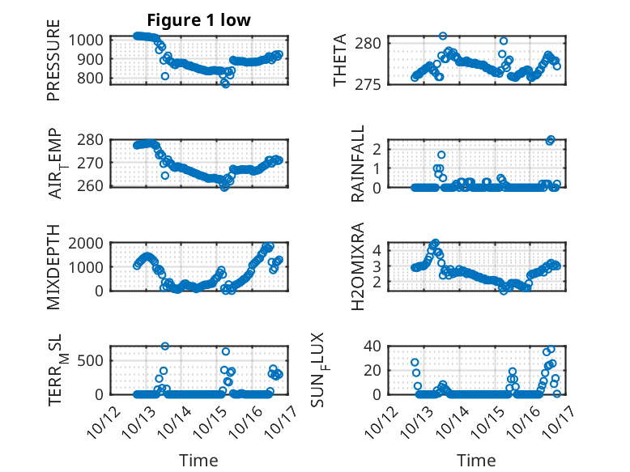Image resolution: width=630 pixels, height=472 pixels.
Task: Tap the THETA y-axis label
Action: click(340, 60)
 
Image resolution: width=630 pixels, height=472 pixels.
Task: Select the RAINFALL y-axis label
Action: click(357, 164)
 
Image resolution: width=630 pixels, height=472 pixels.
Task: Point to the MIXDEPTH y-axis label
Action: click(53, 266)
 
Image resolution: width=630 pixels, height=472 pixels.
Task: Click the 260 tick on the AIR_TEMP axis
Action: click(92, 186)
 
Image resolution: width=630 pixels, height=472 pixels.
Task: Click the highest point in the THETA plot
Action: click(443, 36)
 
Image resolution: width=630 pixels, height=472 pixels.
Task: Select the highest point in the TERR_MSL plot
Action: click(165, 346)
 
